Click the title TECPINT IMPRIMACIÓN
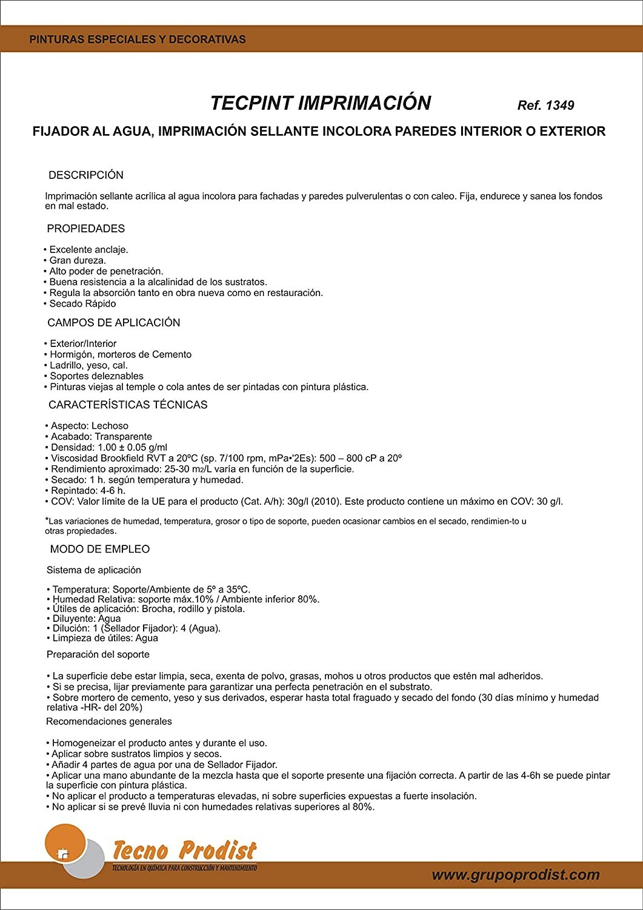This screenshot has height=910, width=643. tap(320, 103)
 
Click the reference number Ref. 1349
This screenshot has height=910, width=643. tap(545, 105)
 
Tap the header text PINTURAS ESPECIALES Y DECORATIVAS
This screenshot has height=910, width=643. tap(138, 39)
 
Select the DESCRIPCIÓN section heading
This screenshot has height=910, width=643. tap(86, 175)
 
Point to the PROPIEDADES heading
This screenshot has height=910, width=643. tap(86, 229)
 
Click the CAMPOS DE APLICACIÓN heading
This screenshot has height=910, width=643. tap(114, 323)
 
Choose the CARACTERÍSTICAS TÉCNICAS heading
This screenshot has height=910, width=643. tap(128, 405)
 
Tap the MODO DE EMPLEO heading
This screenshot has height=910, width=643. tap(100, 549)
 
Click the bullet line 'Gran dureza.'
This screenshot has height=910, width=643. tap(78, 260)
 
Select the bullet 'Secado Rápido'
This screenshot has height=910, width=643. tap(82, 304)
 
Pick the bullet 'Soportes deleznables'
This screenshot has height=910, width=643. tap(97, 376)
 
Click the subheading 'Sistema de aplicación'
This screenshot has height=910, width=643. tap(94, 570)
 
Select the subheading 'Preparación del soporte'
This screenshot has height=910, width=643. tap(98, 655)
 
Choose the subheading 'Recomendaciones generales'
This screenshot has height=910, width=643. tap(109, 722)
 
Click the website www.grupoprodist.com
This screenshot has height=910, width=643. tap(516, 875)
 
